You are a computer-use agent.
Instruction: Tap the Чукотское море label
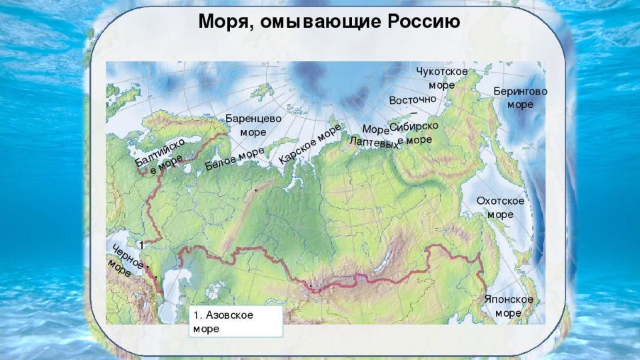click(441, 78)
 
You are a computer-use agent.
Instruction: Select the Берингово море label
click(520, 97)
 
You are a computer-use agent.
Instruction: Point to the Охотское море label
click(500, 207)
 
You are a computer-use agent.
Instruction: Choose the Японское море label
click(509, 306)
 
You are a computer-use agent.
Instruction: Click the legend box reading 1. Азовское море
click(235, 321)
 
